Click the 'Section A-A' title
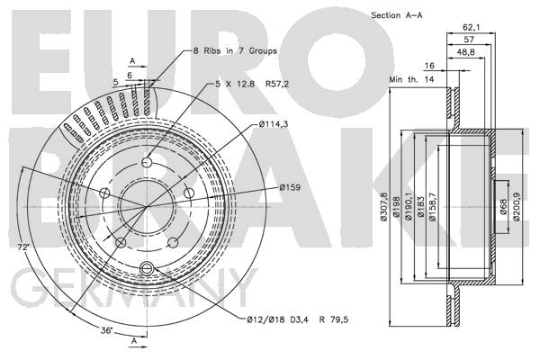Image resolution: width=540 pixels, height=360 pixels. click(396, 15)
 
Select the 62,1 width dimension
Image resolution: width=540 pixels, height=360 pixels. click(471, 27)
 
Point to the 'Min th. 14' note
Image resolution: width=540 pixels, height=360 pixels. click(411, 79)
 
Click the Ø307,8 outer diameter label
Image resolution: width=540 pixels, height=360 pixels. click(384, 207)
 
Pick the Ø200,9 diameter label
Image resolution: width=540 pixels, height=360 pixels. click(516, 206)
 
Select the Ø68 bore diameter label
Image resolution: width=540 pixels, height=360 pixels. click(503, 206)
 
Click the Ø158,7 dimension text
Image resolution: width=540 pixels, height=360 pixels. click(433, 207)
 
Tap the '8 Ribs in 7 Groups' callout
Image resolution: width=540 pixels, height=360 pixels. click(235, 51)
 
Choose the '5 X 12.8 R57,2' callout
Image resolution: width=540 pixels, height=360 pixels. click(252, 84)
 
